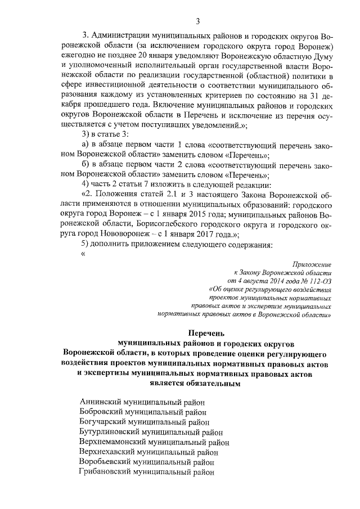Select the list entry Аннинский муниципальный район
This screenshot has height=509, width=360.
pyautogui.click(x=143, y=402)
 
